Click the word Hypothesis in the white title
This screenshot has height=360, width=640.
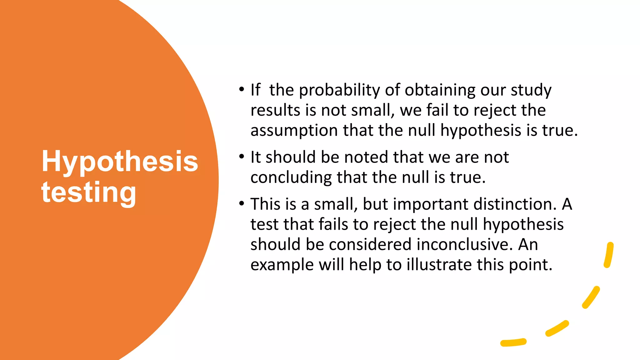click(120, 161)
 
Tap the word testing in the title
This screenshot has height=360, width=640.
click(89, 192)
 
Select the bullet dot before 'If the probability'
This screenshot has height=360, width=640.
click(241, 90)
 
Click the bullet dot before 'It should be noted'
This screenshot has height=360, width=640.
click(241, 157)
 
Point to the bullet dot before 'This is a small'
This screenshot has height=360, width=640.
click(241, 204)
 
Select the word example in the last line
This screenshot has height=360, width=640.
click(282, 265)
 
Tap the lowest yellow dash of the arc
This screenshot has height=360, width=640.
click(513, 342)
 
